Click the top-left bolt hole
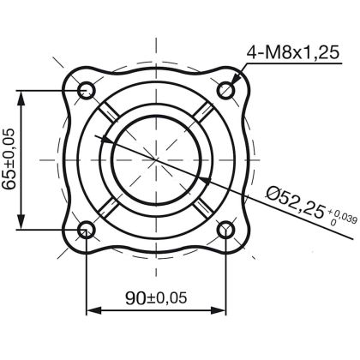87,89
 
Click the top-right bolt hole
228,89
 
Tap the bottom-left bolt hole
87,230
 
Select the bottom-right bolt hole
228,230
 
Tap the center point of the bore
157,159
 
